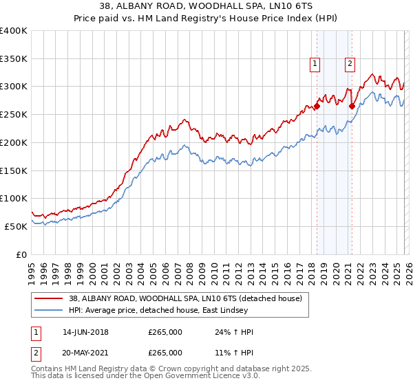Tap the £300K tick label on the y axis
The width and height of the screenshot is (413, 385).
click(x=14, y=87)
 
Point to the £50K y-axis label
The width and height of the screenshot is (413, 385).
click(x=16, y=226)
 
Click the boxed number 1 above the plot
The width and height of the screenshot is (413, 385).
click(x=315, y=64)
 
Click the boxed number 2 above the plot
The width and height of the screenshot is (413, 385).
click(x=350, y=64)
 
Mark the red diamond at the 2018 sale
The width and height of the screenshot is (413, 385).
click(x=317, y=106)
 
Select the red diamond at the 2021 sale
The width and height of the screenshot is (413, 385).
click(x=352, y=106)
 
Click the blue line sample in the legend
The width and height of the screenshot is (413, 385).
click(x=50, y=311)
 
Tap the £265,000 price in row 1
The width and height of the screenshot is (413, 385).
click(x=165, y=332)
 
